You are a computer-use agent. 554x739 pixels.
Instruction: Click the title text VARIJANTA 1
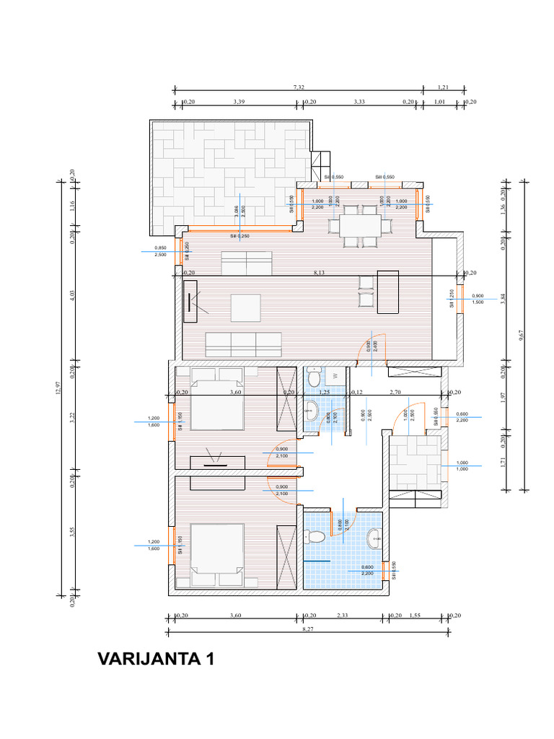[x=155, y=659]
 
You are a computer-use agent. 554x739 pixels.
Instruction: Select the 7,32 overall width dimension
[x=299, y=87]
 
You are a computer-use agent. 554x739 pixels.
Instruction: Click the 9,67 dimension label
[x=521, y=334]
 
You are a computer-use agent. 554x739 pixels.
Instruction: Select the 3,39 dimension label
[x=239, y=102]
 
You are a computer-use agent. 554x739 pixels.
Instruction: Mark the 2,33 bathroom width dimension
[x=343, y=615]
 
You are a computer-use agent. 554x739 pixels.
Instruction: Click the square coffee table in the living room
[x=245, y=307]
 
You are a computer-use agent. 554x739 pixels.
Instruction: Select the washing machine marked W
[x=335, y=375]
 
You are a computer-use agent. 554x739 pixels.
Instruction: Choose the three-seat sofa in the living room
[x=243, y=344]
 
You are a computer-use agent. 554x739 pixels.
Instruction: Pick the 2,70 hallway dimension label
[x=395, y=392]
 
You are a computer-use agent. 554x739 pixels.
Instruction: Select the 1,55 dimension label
[x=415, y=615]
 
